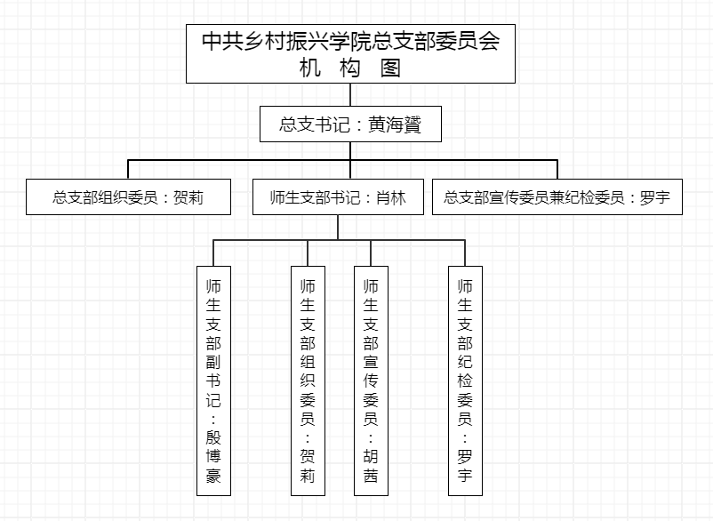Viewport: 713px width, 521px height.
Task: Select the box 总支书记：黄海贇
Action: [350, 124]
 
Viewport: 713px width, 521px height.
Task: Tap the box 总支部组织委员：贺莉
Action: [129, 197]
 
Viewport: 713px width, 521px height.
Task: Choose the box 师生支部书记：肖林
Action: [337, 197]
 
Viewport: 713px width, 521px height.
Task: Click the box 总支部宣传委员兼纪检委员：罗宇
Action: [557, 197]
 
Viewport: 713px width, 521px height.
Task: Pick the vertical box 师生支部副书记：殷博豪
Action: [213, 381]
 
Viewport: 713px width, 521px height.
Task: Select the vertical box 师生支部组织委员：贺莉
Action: [308, 381]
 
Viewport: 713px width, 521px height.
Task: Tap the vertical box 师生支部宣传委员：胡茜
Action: [371, 381]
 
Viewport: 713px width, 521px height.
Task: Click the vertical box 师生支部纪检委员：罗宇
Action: [465, 381]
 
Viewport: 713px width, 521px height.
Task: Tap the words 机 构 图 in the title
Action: [350, 68]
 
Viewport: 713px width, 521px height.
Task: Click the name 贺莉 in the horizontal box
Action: [188, 197]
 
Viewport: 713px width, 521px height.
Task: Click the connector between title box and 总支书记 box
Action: [350, 95]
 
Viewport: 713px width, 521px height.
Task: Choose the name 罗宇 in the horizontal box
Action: [655, 197]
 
